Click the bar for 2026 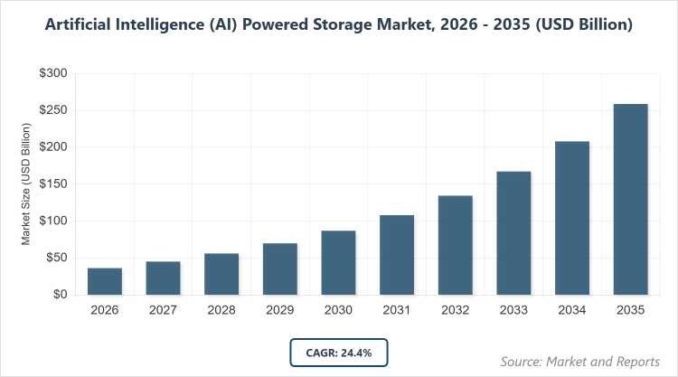pos(105,281)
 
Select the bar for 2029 pos(280,269)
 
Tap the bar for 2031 pos(397,255)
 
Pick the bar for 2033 pos(513,232)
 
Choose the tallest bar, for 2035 pos(630,199)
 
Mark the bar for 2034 pos(572,218)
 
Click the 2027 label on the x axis pos(164,310)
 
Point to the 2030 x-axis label pos(338,310)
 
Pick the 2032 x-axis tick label pos(455,310)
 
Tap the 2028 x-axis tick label pos(221,310)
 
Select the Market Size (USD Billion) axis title pos(27,184)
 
